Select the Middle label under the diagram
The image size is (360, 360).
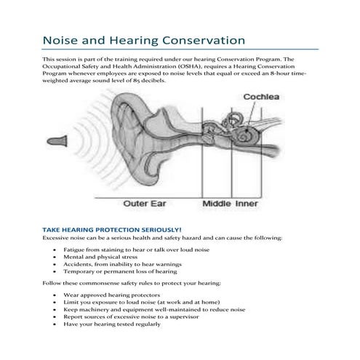[217, 204]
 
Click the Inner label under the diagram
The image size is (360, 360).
[247, 204]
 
